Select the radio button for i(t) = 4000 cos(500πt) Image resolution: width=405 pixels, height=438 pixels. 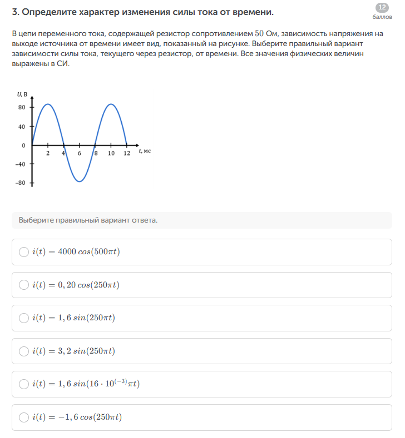click(24, 252)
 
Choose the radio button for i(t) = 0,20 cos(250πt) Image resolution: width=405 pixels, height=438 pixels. click(24, 285)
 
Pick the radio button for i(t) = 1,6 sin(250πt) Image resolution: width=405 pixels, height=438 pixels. click(24, 318)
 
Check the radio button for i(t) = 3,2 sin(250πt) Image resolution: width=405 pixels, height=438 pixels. click(24, 351)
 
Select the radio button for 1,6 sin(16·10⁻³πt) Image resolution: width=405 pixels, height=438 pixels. click(24, 384)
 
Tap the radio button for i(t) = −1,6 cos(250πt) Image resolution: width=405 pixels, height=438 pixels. click(24, 417)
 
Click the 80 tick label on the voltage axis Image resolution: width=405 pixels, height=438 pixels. click(22, 107)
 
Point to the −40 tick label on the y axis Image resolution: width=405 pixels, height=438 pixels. click(20, 164)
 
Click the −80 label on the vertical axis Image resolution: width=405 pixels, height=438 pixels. click(20, 183)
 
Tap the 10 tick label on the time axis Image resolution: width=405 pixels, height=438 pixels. click(111, 153)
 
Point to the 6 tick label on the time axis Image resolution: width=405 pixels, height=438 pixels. click(79, 153)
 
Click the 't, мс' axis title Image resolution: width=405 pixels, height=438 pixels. click(145, 151)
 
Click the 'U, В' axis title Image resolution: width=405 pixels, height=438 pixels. click(22, 95)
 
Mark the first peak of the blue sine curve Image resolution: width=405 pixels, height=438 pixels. click(48, 104)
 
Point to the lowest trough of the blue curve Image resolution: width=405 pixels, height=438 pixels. click(80, 182)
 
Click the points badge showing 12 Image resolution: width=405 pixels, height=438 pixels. click(382, 7)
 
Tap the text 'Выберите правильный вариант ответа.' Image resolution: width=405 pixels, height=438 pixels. click(88, 220)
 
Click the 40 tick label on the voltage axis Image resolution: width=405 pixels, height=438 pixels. click(22, 127)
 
